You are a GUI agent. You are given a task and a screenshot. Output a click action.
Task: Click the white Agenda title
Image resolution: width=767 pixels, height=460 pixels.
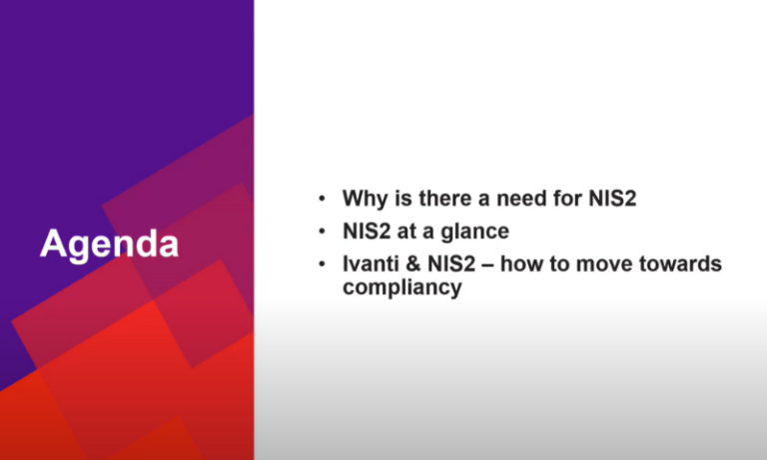110,244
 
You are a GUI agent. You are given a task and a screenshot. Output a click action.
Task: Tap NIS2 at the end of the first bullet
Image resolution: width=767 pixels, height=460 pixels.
612,198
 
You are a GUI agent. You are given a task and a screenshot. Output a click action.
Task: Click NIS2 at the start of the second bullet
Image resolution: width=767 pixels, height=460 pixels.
367,231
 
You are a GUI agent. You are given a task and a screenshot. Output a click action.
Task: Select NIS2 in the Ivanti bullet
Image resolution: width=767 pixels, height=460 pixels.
451,264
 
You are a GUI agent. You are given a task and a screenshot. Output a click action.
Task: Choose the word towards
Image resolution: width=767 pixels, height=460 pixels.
680,264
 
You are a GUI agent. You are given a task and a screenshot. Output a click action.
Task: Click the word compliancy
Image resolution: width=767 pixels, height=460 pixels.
402,288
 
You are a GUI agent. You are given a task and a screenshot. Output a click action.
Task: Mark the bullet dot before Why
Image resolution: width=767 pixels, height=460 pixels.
322,199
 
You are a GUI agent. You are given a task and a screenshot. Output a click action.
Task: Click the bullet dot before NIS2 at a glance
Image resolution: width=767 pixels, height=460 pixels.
322,231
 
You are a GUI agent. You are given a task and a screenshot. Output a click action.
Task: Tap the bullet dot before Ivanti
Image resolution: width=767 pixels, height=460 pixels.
322,265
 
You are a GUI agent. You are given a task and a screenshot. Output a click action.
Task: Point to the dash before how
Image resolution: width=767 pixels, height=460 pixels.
487,265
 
